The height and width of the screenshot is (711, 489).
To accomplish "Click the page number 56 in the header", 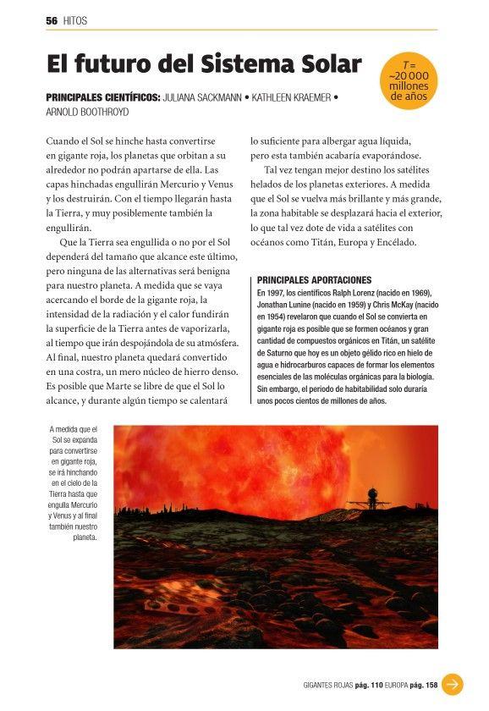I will point(51,20).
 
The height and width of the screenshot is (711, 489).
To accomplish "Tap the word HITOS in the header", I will point(75,20).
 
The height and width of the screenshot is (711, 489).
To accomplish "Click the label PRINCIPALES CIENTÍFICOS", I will point(102,98).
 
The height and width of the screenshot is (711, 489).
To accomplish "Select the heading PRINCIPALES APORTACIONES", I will point(314,279).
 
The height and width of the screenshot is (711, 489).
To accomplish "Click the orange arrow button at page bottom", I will point(453,684).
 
